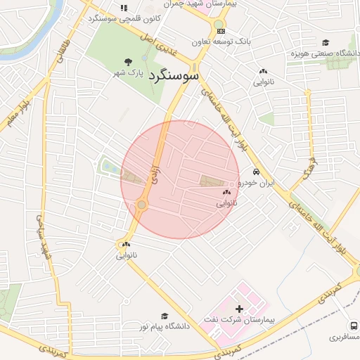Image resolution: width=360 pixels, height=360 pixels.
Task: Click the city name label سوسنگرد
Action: [x=174, y=75]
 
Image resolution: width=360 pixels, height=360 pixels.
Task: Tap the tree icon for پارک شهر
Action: [x=127, y=62]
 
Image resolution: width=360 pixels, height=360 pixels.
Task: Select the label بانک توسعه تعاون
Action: [x=224, y=41]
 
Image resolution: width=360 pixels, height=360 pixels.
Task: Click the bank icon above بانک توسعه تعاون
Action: [x=221, y=31]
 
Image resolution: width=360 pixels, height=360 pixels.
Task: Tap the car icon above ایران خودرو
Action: [x=257, y=172]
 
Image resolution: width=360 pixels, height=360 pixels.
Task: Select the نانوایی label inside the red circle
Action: [x=226, y=202]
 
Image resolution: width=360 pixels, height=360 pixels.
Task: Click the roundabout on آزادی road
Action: [x=142, y=205]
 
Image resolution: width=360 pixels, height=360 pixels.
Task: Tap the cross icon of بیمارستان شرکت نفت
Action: [x=238, y=308]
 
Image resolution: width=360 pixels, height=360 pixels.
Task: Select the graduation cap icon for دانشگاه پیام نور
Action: [x=165, y=316]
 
